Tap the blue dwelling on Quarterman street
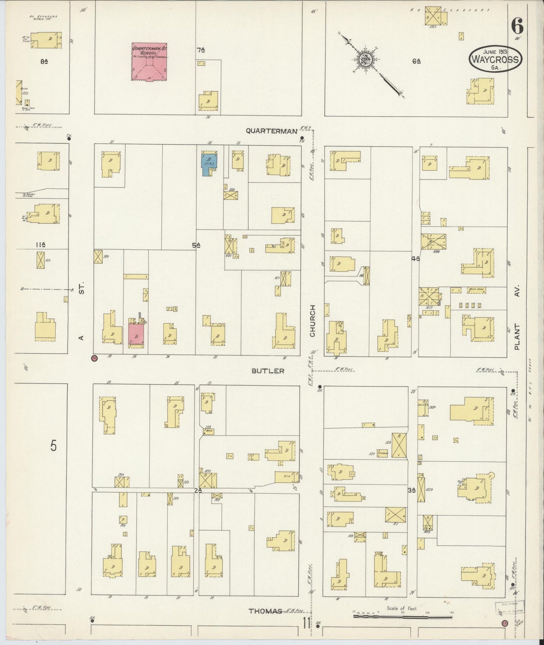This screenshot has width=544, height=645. coord(208,163)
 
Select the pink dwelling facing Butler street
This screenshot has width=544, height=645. coord(136,333)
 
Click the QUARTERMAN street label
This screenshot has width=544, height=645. coord(271,131)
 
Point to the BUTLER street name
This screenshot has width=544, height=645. coord(268,371)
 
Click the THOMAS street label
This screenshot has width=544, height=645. coord(265,611)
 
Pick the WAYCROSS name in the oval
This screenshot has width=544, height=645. coord(495,59)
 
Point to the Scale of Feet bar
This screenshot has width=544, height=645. coord(403,616)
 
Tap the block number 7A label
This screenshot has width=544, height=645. coord(201,50)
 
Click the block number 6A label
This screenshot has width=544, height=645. coord(416,61)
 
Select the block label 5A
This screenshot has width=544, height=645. coord(196,245)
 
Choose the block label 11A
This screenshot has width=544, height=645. coord(41,245)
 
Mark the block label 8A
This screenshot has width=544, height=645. coord(44,62)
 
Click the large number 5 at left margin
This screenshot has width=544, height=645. coord(54,446)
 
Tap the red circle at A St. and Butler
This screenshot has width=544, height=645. coord(94,358)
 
